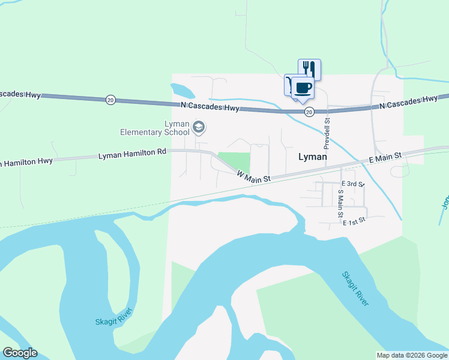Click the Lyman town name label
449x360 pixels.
[x=313, y=157]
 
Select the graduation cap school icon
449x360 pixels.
[x=199, y=128]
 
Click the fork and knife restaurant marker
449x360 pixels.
[x=309, y=68]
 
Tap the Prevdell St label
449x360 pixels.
[x=327, y=133]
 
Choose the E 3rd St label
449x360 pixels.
[x=352, y=184]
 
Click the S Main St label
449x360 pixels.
[x=340, y=203]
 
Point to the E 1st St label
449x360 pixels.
[x=354, y=222]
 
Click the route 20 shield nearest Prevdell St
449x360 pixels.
[x=309, y=112]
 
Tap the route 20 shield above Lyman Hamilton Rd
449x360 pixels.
[x=110, y=100]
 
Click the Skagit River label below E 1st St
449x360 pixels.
[x=355, y=289]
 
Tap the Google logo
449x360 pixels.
[x=20, y=353]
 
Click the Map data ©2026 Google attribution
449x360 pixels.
[x=412, y=355]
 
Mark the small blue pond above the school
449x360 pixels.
[x=182, y=91]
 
